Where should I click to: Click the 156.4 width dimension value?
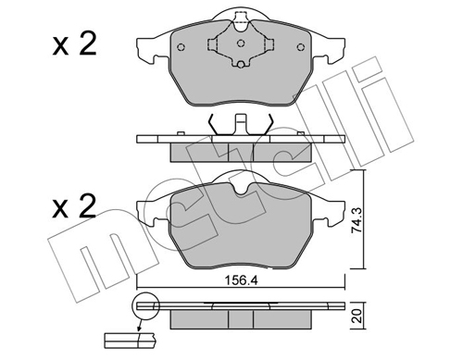[241, 280]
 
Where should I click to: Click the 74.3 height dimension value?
[357, 219]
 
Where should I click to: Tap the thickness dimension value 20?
[357, 317]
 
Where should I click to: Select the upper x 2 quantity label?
[74, 43]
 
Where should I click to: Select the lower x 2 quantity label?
[74, 205]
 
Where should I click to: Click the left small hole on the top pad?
[181, 47]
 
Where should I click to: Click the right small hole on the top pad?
[301, 47]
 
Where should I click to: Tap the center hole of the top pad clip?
[241, 43]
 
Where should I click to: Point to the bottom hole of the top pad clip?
[241, 64]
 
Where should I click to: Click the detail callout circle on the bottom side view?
[145, 305]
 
